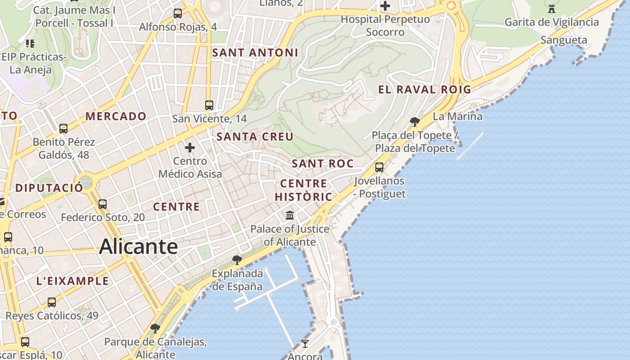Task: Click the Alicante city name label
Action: point(139,247)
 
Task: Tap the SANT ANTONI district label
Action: point(255,53)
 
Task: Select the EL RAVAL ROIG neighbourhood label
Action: point(424,90)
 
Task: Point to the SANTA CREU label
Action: point(255,137)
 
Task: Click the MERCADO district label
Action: point(116,117)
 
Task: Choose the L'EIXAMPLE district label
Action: point(72,281)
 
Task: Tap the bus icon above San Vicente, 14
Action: point(209,105)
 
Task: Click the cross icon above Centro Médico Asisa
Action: point(190,148)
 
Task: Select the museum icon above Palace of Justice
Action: point(290,216)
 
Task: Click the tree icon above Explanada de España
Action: point(237,260)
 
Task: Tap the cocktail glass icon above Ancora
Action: point(305,344)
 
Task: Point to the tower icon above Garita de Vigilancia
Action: point(552,9)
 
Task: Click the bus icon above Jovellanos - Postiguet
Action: point(379,167)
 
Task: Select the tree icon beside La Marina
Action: point(415,121)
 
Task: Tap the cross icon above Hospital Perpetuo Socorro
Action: point(385,6)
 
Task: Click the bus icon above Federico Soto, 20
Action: point(103,204)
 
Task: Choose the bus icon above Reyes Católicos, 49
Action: point(52,302)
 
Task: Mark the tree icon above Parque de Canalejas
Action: point(155,328)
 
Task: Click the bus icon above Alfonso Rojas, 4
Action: point(178,13)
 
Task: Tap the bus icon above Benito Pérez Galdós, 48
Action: point(63,129)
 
